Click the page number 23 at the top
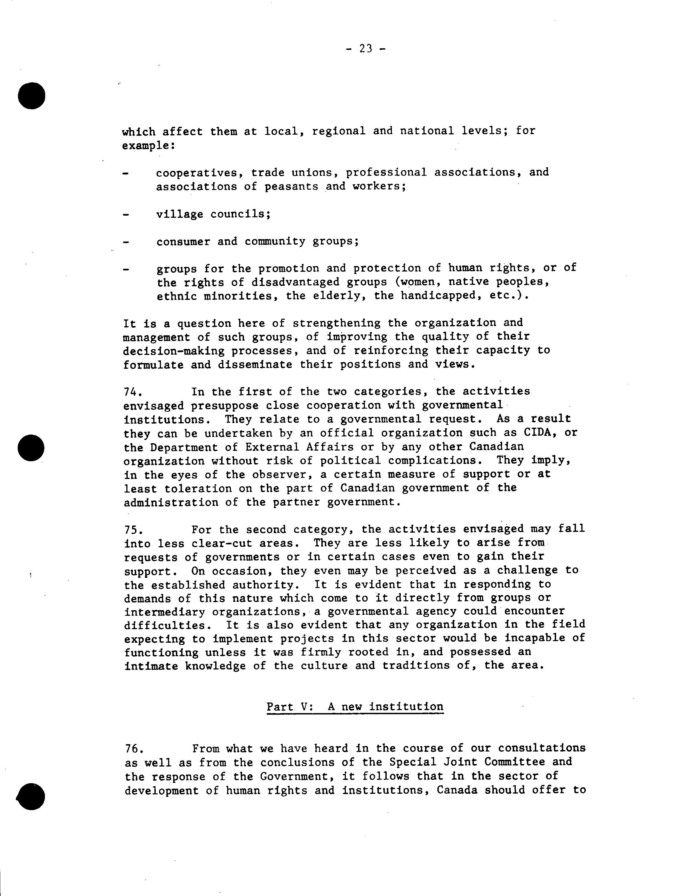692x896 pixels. pyautogui.click(x=365, y=49)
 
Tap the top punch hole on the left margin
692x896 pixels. pyautogui.click(x=32, y=96)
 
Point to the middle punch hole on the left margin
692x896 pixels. pyautogui.click(x=31, y=448)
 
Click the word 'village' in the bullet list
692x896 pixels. pyautogui.click(x=179, y=214)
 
